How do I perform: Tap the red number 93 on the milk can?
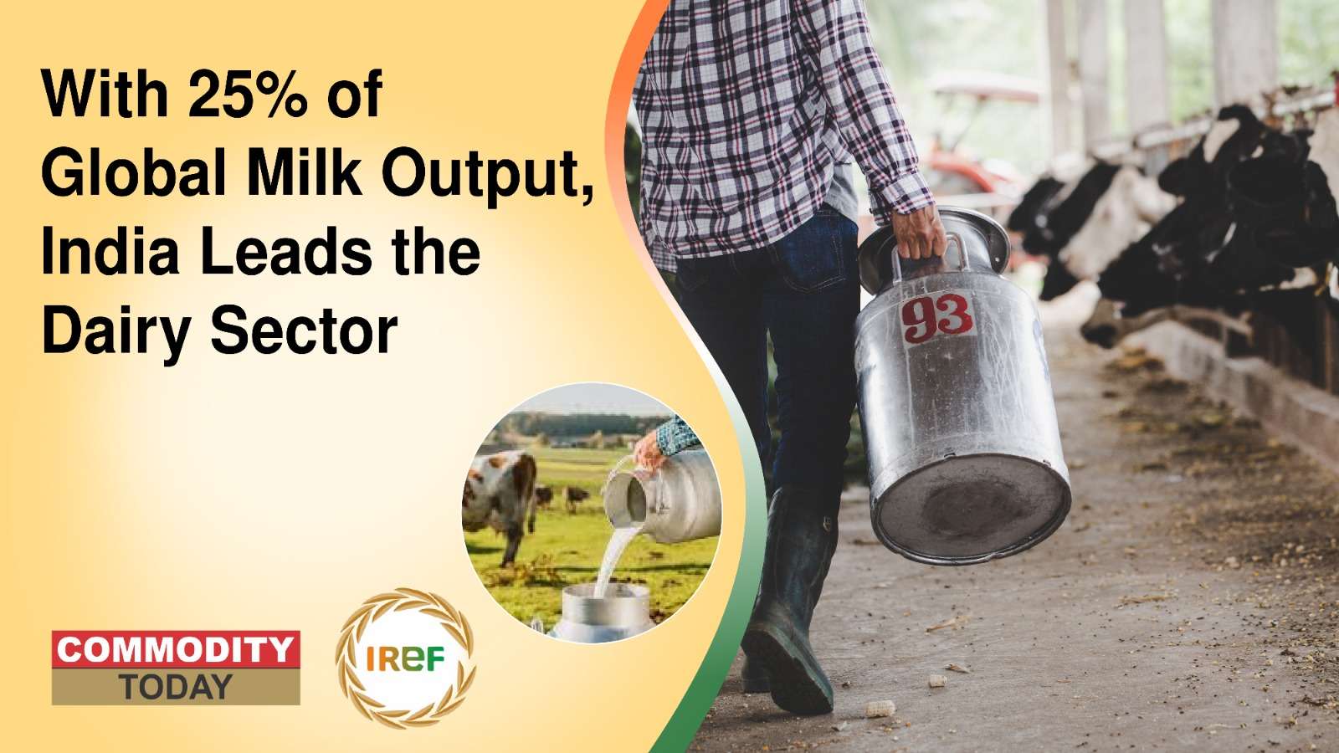[x=936, y=318]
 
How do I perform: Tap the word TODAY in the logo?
[x=176, y=688]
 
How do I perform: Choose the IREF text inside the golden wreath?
[x=405, y=658]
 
